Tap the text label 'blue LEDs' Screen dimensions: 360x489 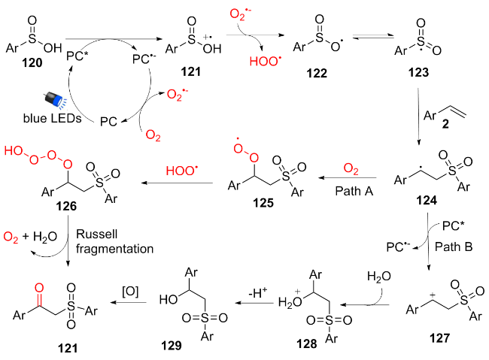(x=47, y=117)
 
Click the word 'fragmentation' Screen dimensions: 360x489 (x=114, y=248)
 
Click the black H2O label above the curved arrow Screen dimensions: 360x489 (x=378, y=277)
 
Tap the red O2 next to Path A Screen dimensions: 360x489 (x=351, y=167)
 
